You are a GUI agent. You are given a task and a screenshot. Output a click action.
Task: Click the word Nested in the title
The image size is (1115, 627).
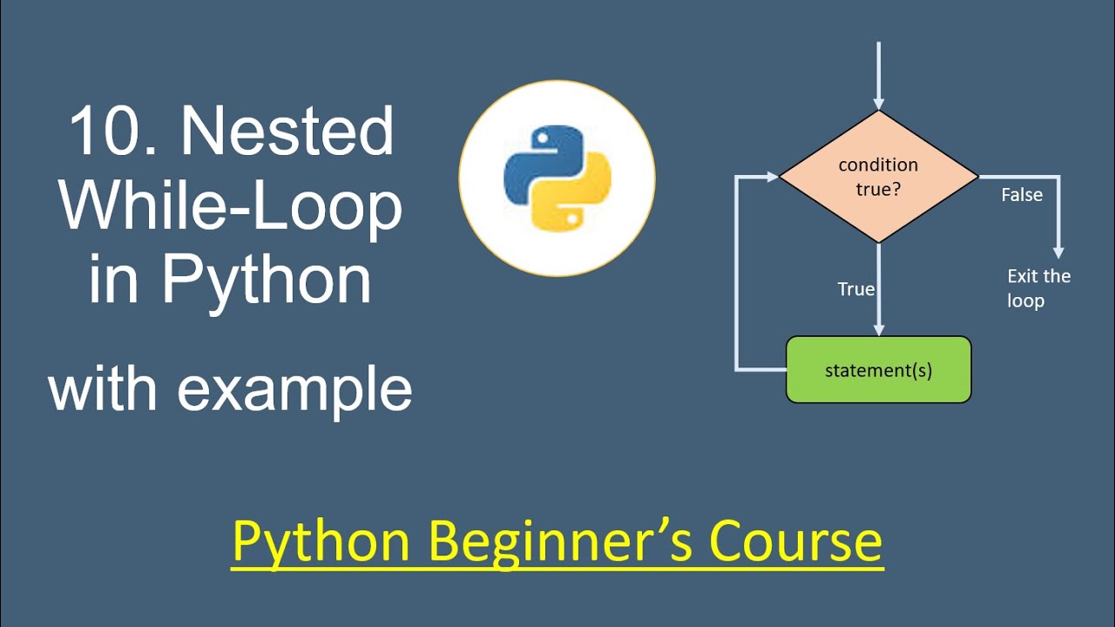287,132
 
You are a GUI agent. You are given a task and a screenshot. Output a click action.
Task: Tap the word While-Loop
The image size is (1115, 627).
231,206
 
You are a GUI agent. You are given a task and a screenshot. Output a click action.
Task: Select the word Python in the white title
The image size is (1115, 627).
267,280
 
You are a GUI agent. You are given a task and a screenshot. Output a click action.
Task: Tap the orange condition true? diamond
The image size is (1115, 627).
878,176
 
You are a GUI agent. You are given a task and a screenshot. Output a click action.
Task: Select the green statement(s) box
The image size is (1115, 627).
878,370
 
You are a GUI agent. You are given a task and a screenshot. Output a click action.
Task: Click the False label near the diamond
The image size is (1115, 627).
1021,195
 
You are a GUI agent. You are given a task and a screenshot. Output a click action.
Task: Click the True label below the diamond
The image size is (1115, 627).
855,289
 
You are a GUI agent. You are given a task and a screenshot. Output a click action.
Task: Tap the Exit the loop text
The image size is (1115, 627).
1037,288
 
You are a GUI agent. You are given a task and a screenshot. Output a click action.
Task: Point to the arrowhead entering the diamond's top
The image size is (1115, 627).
879,103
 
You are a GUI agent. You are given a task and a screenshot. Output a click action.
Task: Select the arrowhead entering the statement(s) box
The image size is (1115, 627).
879,329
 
